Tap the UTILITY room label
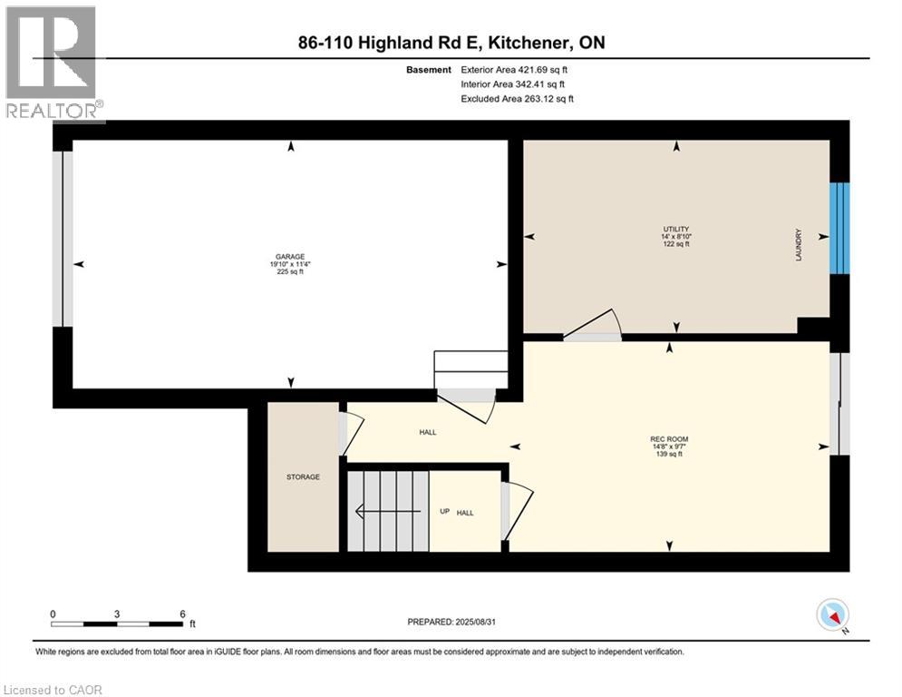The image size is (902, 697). (x=676, y=229)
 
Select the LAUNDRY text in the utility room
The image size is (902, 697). (x=799, y=245)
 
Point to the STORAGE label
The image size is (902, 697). (x=303, y=476)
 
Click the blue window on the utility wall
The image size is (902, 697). (x=840, y=228)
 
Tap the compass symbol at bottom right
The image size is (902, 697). (x=831, y=616)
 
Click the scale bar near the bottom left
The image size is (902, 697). (x=118, y=623)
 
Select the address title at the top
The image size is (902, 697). (x=451, y=43)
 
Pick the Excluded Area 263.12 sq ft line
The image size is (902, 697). (x=517, y=98)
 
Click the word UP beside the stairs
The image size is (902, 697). (x=444, y=512)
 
